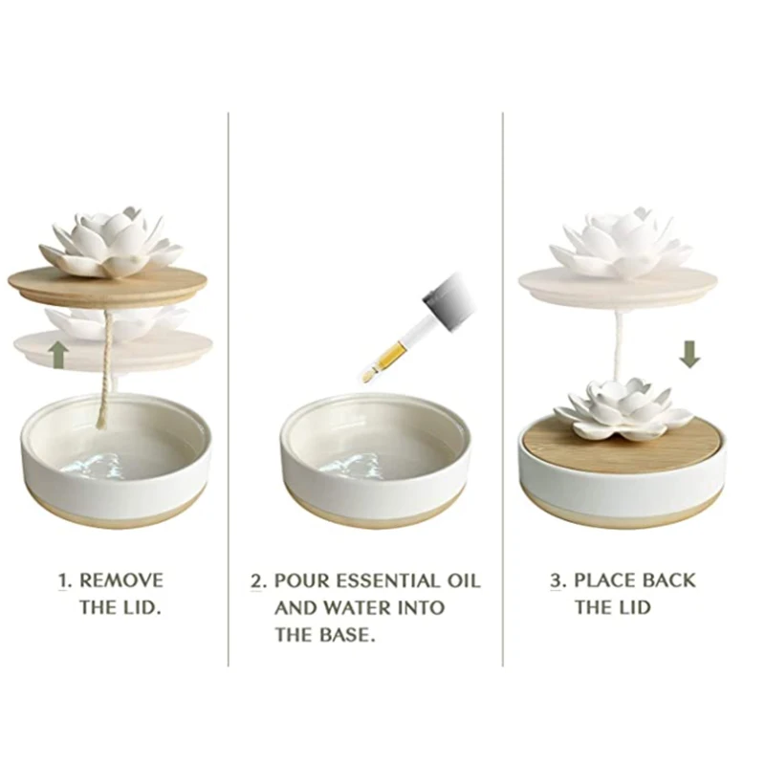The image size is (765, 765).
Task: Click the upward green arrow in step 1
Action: point(58,355)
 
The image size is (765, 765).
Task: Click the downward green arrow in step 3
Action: point(689,354)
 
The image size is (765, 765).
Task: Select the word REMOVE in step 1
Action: point(120,579)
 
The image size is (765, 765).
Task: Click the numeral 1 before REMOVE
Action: point(65,579)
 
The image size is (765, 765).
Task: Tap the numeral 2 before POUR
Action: point(257,580)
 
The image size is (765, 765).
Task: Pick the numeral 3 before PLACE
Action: point(557,579)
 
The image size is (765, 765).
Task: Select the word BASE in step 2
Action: point(346,634)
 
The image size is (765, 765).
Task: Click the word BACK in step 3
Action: point(669,579)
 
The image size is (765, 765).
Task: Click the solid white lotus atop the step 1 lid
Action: point(112,240)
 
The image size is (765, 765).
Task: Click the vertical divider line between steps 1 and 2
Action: point(229,382)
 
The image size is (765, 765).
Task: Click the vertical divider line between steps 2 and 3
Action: point(504,382)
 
